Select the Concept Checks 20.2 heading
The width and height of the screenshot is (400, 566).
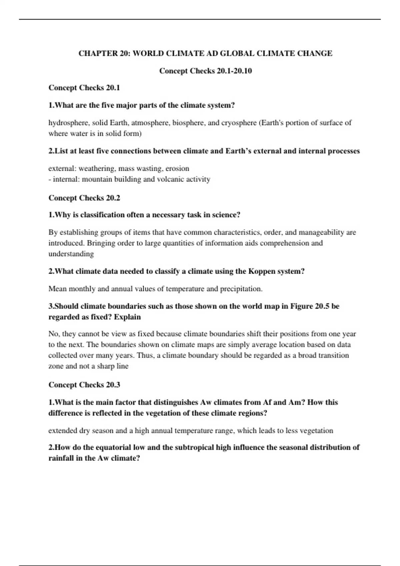pos(84,198)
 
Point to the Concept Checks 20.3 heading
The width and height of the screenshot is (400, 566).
pos(84,385)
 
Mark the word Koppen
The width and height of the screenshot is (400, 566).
pos(261,271)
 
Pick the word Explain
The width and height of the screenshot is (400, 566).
pos(127,317)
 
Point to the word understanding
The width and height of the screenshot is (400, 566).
pos(71,254)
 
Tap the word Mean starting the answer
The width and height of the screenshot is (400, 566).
pos(57,289)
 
